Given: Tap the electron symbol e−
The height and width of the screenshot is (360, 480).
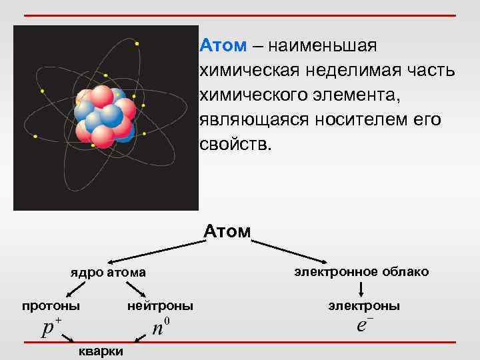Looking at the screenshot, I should [x=364, y=326].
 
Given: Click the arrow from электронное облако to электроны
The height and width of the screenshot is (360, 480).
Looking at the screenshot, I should [x=361, y=289].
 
